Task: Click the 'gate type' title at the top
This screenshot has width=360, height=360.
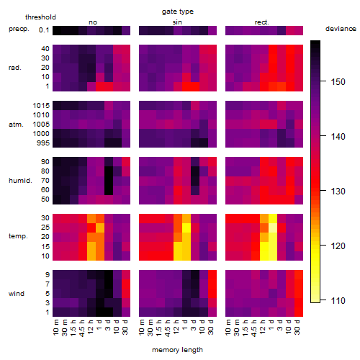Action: tap(178, 12)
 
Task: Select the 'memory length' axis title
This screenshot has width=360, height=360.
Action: tap(177, 350)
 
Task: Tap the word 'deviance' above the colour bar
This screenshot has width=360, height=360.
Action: tap(341, 29)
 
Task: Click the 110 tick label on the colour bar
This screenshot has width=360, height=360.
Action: tap(338, 300)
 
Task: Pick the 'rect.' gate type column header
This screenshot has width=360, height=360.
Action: tap(261, 22)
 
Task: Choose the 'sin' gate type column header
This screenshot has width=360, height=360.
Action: tap(177, 22)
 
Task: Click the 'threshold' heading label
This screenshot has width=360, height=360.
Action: tap(40, 17)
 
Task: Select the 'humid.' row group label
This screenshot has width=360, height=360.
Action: tap(20, 181)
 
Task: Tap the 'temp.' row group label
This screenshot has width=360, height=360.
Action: tap(18, 236)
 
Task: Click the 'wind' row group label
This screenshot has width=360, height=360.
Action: tap(17, 294)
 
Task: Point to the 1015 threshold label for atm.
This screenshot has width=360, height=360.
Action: tap(41, 106)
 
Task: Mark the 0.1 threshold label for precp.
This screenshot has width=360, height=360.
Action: tap(44, 30)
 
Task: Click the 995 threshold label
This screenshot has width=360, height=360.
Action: tap(43, 143)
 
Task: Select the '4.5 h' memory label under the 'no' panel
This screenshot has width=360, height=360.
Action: tap(81, 328)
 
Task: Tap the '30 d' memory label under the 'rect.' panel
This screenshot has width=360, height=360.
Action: tap(297, 327)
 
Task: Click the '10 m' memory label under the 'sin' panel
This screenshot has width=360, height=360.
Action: tap(142, 328)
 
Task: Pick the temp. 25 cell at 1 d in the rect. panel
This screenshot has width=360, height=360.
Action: tap(273, 228)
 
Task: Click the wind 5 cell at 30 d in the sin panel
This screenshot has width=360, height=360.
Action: tap(212, 294)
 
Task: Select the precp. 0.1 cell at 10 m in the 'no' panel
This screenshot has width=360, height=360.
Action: tap(57, 30)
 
